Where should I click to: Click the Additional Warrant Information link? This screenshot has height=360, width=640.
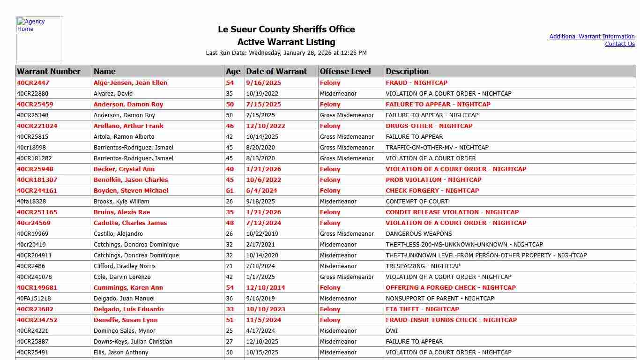[x=592, y=37]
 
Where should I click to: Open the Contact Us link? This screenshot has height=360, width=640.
[x=619, y=44]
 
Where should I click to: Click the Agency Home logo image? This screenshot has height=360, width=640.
[x=39, y=40]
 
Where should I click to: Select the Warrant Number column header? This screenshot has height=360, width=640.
[x=49, y=71]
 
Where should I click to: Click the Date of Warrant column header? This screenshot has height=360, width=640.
[x=276, y=71]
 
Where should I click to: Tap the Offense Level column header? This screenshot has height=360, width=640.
[x=345, y=71]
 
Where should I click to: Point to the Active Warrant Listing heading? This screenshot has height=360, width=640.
[x=286, y=42]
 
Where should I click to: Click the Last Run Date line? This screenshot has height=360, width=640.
[x=286, y=53]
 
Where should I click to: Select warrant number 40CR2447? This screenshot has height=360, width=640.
[x=33, y=83]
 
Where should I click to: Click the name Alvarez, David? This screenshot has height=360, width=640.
[x=113, y=94]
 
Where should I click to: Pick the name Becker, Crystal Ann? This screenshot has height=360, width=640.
[x=124, y=169]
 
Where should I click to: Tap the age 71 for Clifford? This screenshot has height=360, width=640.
[x=230, y=266]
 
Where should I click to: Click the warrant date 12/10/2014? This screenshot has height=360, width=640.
[x=266, y=288]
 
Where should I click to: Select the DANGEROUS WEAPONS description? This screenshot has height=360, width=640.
[x=419, y=234]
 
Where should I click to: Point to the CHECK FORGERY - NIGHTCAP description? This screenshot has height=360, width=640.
[x=432, y=191]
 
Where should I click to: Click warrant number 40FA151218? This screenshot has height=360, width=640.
[x=34, y=299]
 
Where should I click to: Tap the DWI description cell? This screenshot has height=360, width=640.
[x=392, y=331]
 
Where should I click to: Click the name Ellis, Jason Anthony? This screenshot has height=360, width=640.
[x=121, y=352]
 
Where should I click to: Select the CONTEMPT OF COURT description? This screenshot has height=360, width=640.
[x=417, y=202]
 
